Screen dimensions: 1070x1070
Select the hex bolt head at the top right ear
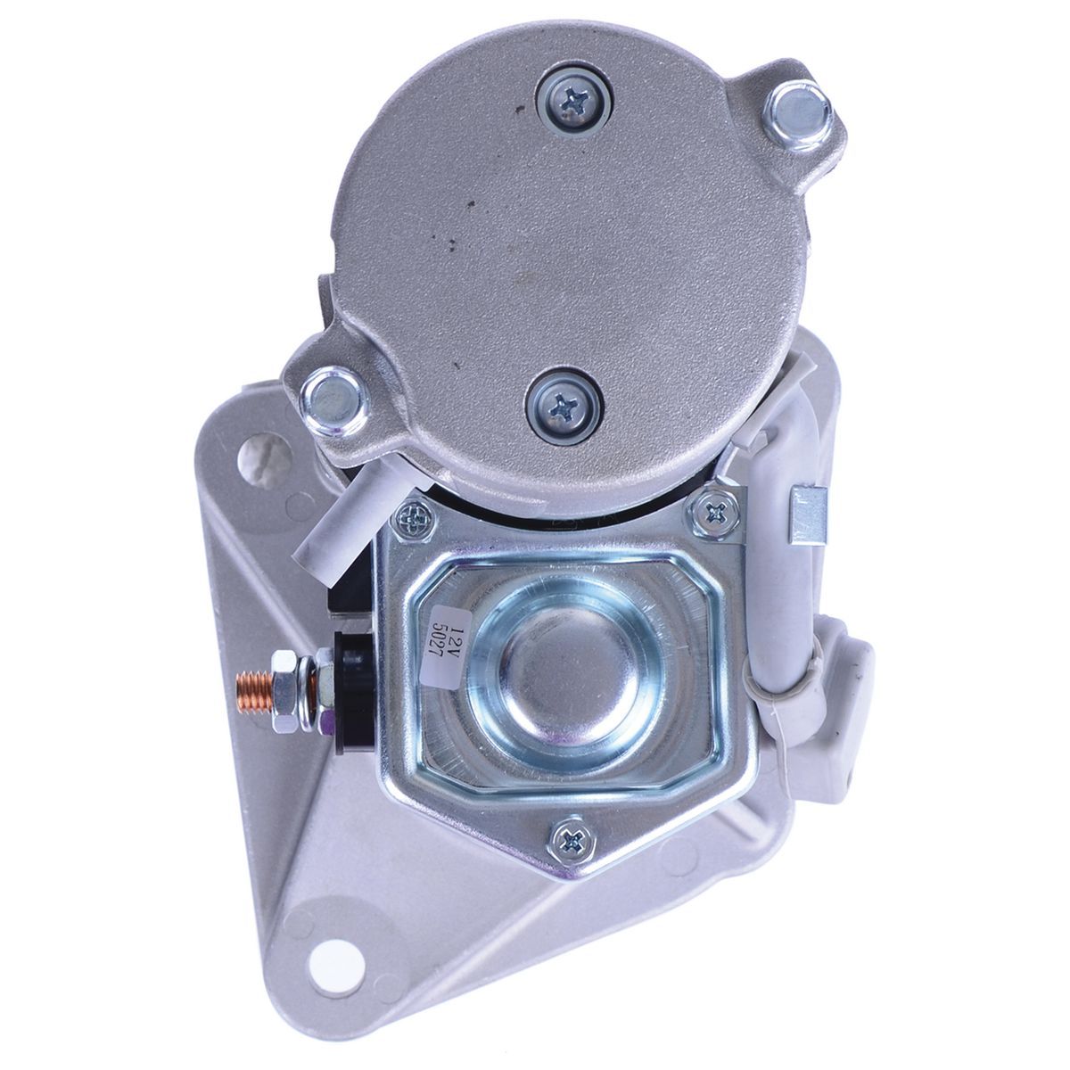[x=799, y=110]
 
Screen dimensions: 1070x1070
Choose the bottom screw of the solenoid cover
[x=569, y=837]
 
